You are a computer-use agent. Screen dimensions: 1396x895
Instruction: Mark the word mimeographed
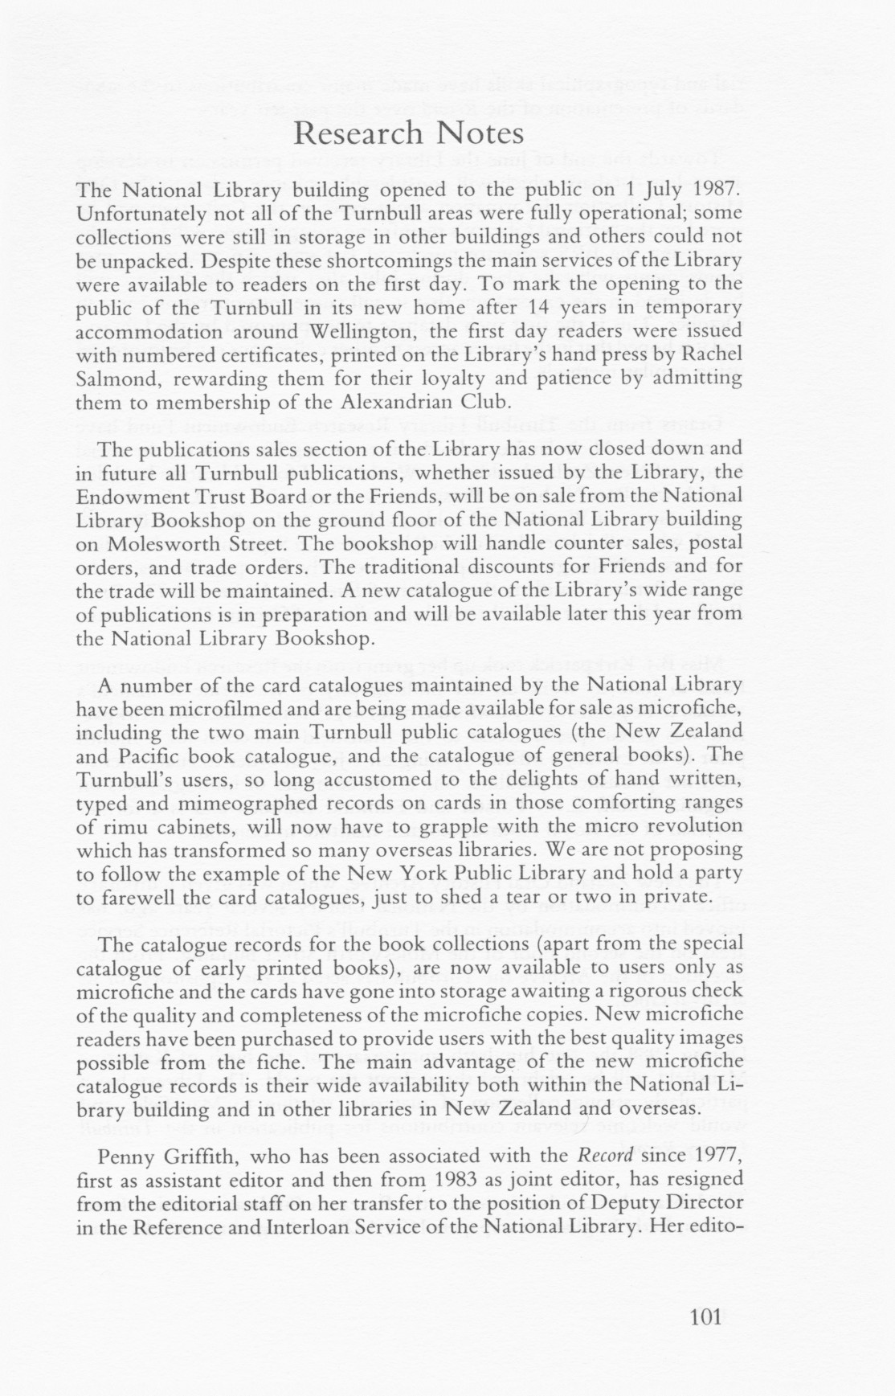[229, 802]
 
